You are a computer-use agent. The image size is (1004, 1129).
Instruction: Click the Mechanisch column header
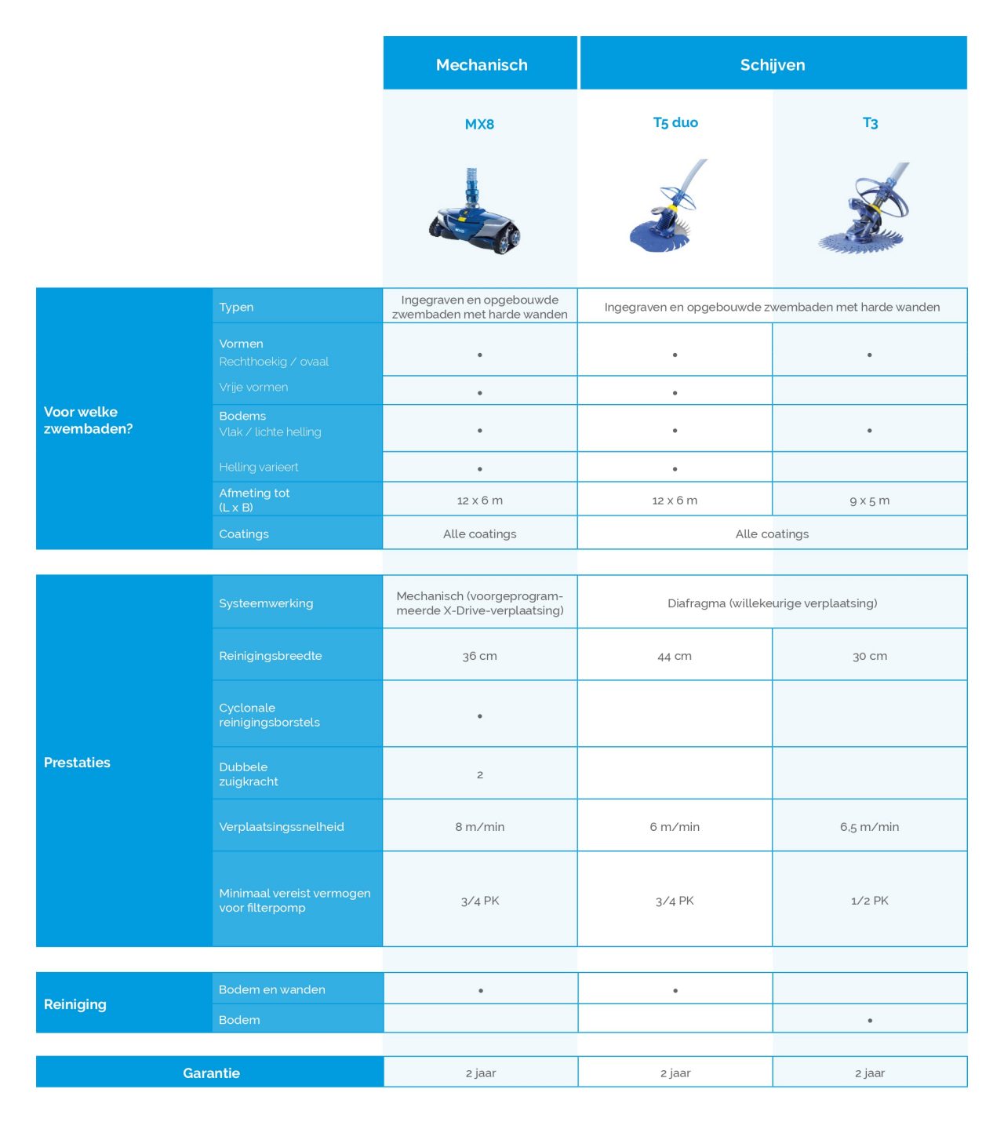[481, 64]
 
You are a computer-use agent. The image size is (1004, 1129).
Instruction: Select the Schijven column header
[772, 64]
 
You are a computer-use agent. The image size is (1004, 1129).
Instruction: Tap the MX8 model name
[479, 124]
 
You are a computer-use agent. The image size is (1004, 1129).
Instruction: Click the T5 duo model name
[675, 122]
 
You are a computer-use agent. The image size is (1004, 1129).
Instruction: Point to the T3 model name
[870, 123]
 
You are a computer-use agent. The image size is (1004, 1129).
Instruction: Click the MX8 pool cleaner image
[475, 214]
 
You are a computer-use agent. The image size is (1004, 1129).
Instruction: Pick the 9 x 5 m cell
[869, 501]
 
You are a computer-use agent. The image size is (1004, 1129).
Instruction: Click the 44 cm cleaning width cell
[675, 656]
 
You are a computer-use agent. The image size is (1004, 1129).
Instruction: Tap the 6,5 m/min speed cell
[869, 827]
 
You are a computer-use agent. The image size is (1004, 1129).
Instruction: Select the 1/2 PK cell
[869, 901]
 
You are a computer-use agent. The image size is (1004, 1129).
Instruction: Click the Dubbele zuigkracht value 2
[480, 774]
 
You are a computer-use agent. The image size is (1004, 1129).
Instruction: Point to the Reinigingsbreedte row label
[271, 656]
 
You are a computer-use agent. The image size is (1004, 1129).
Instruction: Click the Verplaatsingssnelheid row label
[282, 827]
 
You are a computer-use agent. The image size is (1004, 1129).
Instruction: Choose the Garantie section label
[211, 1073]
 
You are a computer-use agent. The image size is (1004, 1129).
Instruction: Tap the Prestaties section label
[77, 763]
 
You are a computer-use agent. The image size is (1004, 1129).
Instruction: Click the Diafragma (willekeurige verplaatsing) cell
[772, 603]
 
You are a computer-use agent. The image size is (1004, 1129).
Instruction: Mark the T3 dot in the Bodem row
[870, 1021]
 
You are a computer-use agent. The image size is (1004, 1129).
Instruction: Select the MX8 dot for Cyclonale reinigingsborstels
[480, 716]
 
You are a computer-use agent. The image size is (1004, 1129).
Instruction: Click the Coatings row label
[244, 534]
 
